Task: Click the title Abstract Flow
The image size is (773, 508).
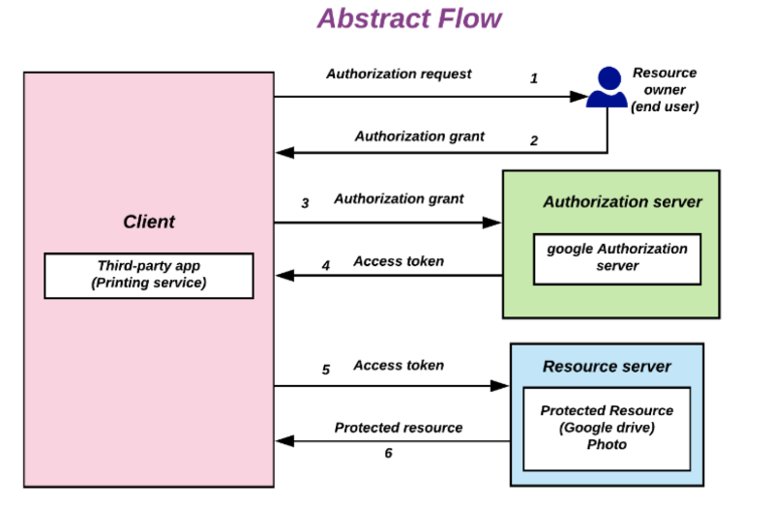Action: click(409, 18)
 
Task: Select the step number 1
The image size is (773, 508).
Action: click(533, 78)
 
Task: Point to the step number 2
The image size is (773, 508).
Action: click(533, 140)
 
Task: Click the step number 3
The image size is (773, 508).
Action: click(305, 203)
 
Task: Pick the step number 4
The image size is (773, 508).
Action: click(326, 264)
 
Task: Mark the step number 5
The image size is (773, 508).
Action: click(326, 370)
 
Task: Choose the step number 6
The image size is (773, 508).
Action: click(388, 452)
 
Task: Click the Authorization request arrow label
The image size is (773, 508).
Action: click(399, 74)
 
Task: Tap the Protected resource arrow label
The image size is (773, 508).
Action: click(399, 428)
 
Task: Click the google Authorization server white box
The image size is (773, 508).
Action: click(617, 257)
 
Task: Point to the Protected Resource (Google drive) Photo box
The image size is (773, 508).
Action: click(607, 428)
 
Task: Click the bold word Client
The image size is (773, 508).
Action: click(149, 222)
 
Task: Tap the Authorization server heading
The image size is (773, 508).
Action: click(622, 202)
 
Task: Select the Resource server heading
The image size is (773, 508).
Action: click(607, 367)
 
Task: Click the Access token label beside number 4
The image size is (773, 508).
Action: click(399, 261)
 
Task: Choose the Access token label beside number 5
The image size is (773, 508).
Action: click(399, 366)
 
